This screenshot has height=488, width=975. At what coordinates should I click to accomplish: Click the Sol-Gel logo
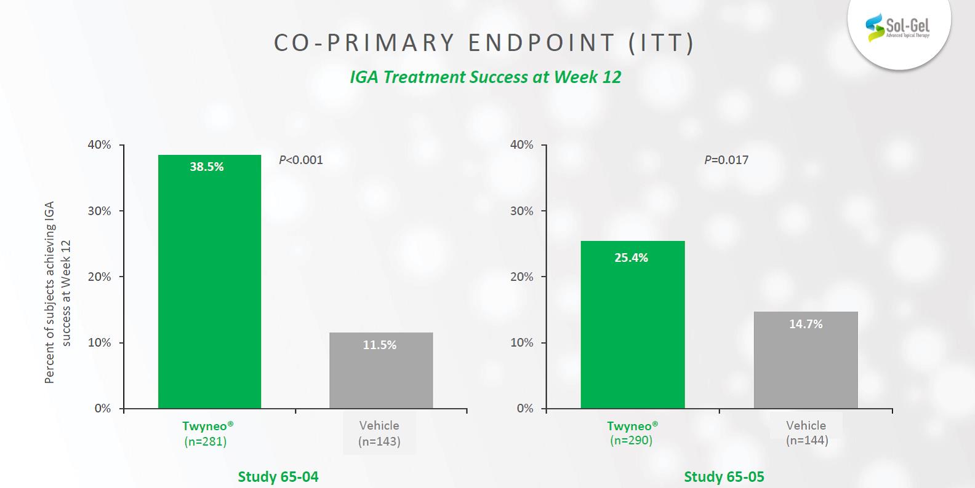(898, 27)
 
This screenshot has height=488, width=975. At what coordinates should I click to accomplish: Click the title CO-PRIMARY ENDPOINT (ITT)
(484, 43)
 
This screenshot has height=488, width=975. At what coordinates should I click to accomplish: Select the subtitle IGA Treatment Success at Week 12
(486, 77)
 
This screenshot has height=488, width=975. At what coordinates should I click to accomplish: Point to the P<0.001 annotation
(301, 160)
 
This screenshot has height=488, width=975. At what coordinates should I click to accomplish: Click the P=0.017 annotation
(726, 160)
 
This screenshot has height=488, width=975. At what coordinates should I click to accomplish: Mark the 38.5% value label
(207, 167)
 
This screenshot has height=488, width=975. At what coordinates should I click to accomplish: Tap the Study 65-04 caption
(278, 477)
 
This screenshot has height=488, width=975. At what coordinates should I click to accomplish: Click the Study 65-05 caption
(724, 477)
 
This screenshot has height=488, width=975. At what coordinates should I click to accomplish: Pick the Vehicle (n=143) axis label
(379, 433)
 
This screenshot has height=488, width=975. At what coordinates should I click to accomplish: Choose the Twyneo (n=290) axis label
(632, 433)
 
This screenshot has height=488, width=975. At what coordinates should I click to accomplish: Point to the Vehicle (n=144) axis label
(806, 433)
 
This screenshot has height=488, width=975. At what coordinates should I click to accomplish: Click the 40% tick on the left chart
(100, 145)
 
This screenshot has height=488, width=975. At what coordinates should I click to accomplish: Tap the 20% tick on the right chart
(522, 277)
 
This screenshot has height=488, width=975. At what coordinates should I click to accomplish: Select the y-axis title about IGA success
(58, 293)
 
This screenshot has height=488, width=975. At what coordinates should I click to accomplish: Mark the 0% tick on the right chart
(525, 409)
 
